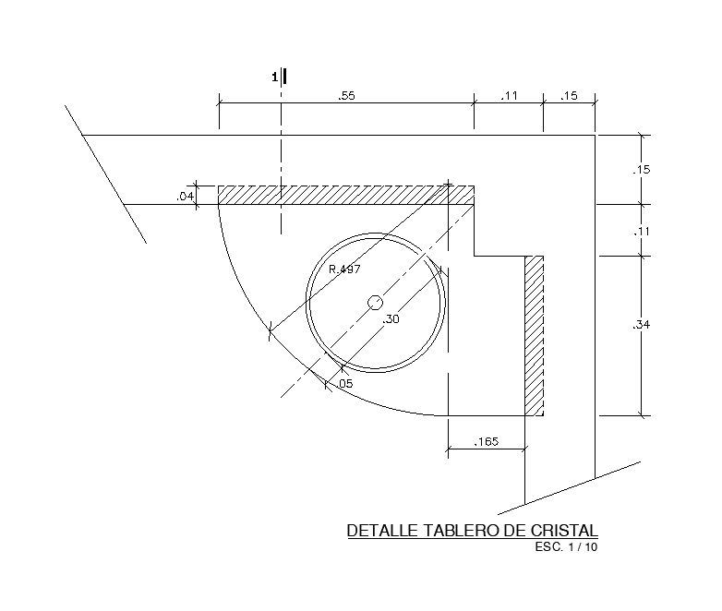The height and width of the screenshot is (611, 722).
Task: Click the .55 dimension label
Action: [347, 96]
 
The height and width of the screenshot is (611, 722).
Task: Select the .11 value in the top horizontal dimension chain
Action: [508, 96]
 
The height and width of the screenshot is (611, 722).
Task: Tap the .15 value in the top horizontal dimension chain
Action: [569, 96]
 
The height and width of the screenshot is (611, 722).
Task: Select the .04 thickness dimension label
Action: [186, 196]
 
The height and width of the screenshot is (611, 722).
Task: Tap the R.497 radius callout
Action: [344, 269]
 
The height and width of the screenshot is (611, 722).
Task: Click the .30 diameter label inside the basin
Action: [391, 319]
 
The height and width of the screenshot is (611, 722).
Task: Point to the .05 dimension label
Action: [344, 383]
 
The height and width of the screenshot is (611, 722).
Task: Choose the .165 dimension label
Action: [486, 442]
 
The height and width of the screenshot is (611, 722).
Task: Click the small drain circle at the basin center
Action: [376, 303]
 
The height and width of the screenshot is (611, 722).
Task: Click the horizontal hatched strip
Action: [346, 195]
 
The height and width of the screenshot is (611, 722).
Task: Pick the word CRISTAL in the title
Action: [564, 531]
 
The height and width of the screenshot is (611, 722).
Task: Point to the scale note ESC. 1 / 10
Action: [566, 547]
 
